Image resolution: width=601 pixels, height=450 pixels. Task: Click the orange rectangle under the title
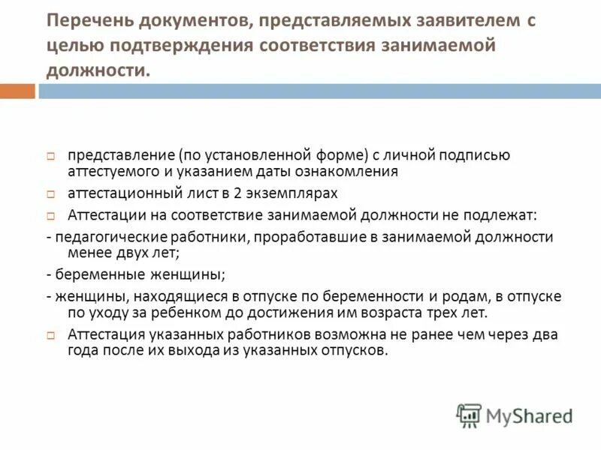[x=17, y=91]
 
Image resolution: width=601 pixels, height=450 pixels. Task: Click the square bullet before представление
[x=50, y=156]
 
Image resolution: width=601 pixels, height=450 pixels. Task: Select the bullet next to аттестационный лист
[x=50, y=193]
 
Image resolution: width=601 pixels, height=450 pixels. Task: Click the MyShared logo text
[x=529, y=415]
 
